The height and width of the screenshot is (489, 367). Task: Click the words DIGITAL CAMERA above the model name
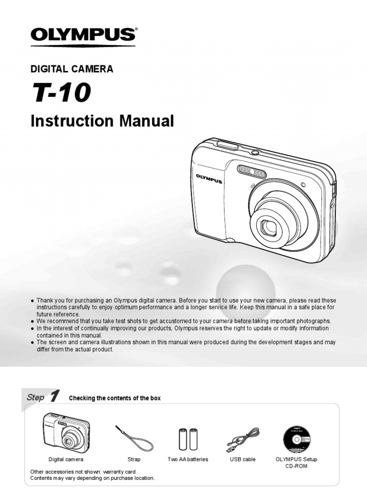pyautogui.click(x=72, y=69)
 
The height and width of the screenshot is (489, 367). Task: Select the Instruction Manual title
pyautogui.click(x=102, y=121)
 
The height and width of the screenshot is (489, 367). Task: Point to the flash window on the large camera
pyautogui.click(x=252, y=170)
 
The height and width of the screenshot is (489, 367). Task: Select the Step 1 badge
pyautogui.click(x=43, y=397)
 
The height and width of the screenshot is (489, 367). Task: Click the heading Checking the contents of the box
pyautogui.click(x=115, y=398)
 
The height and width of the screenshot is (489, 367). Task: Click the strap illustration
pyautogui.click(x=134, y=437)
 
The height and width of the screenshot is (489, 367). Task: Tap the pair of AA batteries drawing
pyautogui.click(x=188, y=438)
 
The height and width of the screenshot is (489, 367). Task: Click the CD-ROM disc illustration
pyautogui.click(x=296, y=438)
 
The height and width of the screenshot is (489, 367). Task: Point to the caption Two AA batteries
pyautogui.click(x=188, y=459)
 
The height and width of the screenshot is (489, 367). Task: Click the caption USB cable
pyautogui.click(x=243, y=459)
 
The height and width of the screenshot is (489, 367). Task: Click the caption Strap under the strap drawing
pyautogui.click(x=134, y=459)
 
